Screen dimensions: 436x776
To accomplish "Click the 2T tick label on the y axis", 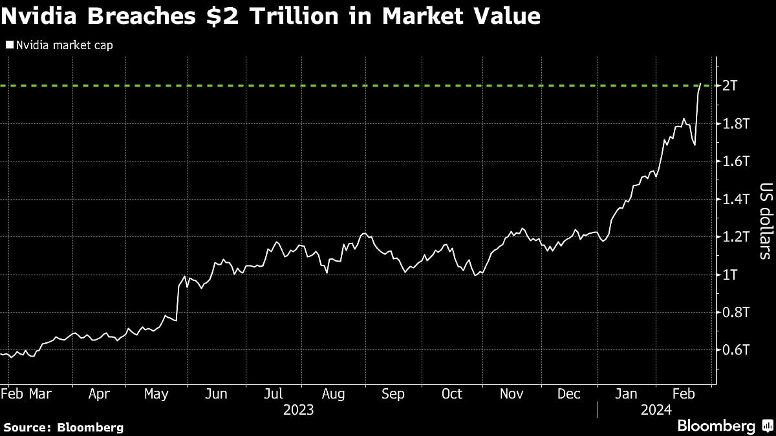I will click(731, 86).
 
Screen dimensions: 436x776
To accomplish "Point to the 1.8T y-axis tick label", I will click(737, 124).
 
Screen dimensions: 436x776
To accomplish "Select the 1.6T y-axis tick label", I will click(737, 161).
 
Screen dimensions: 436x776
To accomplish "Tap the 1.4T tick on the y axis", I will click(737, 200).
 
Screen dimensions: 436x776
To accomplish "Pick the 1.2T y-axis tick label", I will click(737, 237).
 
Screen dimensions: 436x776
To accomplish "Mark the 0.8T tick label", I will click(737, 313).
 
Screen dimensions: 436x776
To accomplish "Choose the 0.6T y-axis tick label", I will click(737, 350).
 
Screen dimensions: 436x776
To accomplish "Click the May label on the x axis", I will click(156, 394).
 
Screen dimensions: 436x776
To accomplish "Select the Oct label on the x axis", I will click(451, 394).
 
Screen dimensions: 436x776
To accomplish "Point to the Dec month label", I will click(569, 394).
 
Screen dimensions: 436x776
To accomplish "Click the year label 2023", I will click(299, 410).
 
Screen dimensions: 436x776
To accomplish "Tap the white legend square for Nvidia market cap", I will click(9, 46).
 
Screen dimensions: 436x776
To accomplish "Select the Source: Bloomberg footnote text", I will click(63, 427).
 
